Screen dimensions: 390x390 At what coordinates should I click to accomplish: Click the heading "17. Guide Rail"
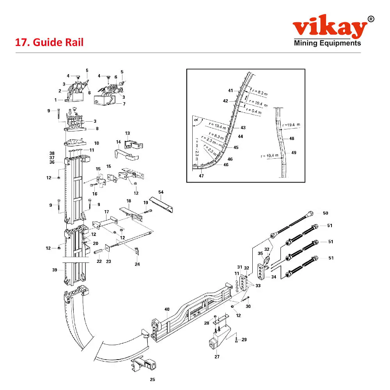tap(49, 42)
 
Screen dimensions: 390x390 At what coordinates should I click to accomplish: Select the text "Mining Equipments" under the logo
tap(328, 43)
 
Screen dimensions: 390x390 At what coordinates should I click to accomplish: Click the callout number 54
tap(161, 192)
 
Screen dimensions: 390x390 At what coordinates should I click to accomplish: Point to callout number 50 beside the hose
tap(325, 213)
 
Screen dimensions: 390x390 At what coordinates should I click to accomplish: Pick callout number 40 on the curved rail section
tap(167, 309)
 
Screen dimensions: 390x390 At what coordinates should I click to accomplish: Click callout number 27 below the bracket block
tap(217, 356)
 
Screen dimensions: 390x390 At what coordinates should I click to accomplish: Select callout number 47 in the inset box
tap(201, 176)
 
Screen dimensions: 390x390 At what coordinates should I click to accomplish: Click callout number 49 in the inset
tap(294, 152)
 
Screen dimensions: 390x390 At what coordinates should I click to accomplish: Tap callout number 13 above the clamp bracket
tap(127, 133)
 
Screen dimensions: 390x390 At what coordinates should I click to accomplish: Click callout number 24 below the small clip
tap(137, 264)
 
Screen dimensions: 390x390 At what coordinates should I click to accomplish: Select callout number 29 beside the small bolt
tap(244, 340)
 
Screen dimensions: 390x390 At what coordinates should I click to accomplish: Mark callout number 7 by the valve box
tap(124, 104)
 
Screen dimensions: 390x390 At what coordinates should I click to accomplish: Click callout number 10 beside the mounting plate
tap(96, 143)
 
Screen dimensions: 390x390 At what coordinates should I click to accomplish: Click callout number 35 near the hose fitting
tap(261, 253)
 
